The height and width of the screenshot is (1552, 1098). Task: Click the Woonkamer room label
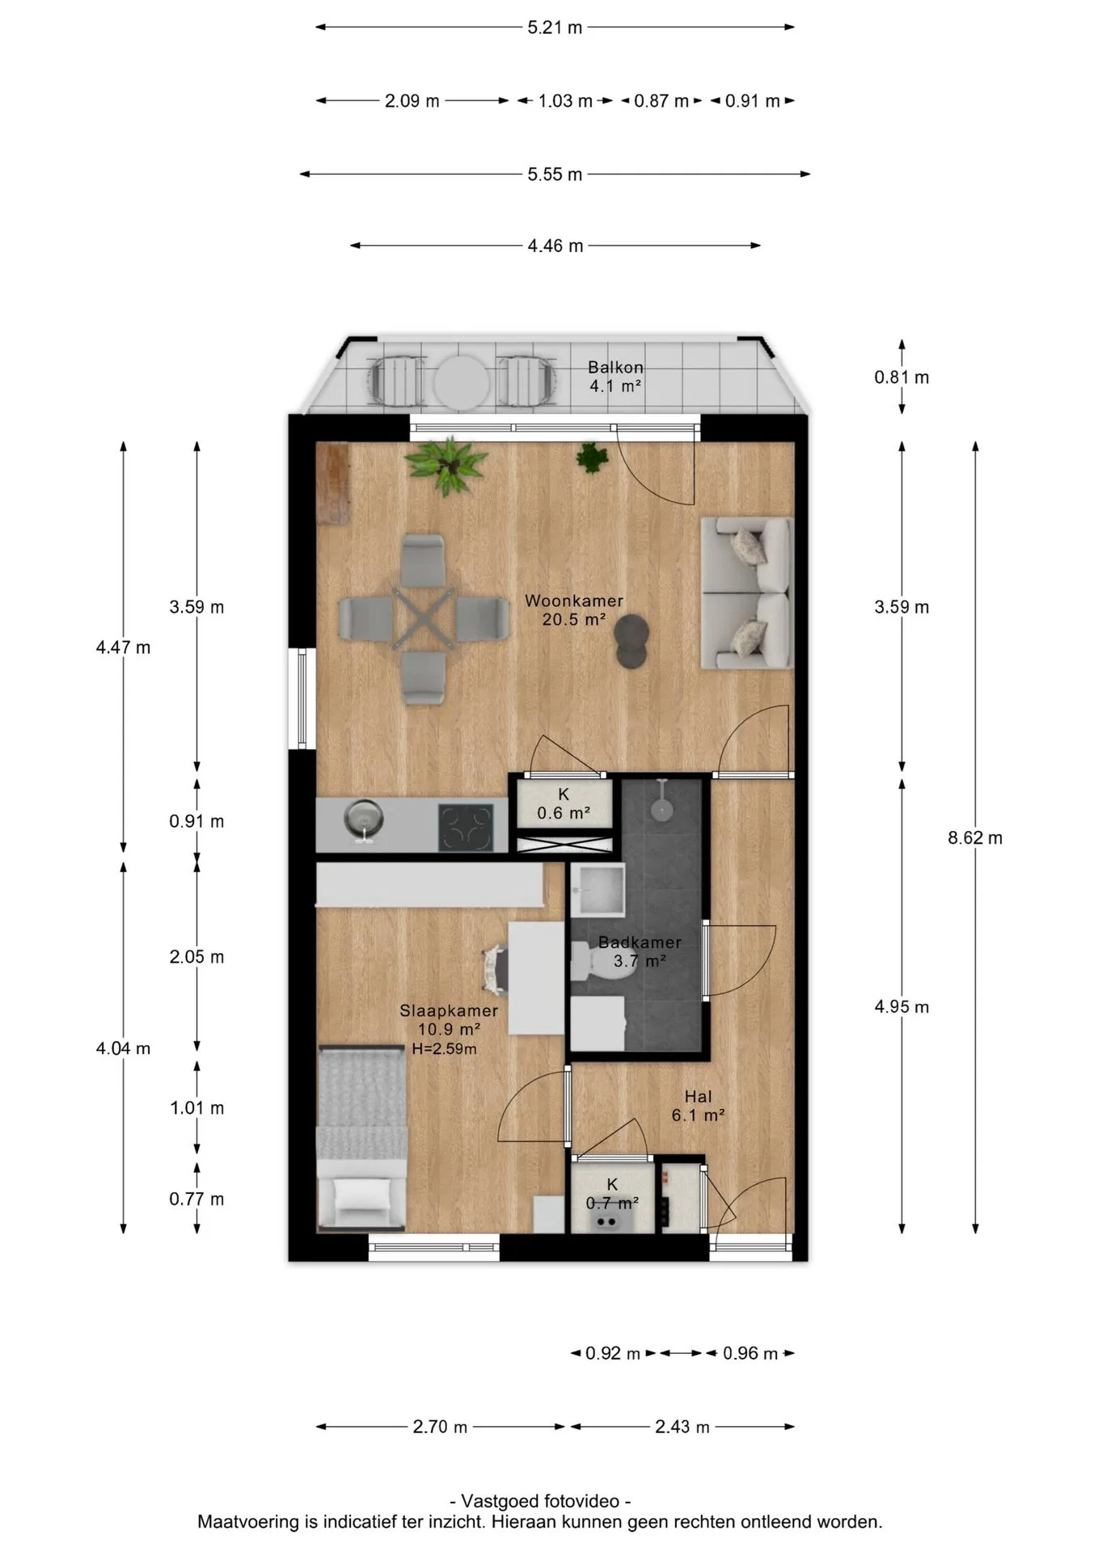(x=574, y=601)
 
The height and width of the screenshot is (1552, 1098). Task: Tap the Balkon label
(x=615, y=367)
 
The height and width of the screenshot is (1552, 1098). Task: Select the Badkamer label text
(x=640, y=943)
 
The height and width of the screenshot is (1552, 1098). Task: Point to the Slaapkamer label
(x=449, y=1010)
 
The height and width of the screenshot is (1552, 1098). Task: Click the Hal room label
(x=698, y=1097)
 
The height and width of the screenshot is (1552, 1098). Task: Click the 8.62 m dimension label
(x=975, y=838)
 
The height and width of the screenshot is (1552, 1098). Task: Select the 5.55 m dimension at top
(x=555, y=175)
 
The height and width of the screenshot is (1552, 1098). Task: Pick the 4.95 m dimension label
(x=902, y=1007)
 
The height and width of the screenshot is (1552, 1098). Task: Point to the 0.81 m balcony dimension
(x=902, y=377)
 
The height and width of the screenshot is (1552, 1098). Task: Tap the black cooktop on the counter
(x=466, y=827)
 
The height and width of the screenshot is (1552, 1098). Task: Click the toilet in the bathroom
(x=602, y=960)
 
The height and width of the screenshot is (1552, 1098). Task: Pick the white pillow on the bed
(x=361, y=1195)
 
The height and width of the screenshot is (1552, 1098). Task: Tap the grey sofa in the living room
(x=746, y=593)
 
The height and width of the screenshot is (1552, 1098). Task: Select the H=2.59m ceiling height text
(x=444, y=1049)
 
